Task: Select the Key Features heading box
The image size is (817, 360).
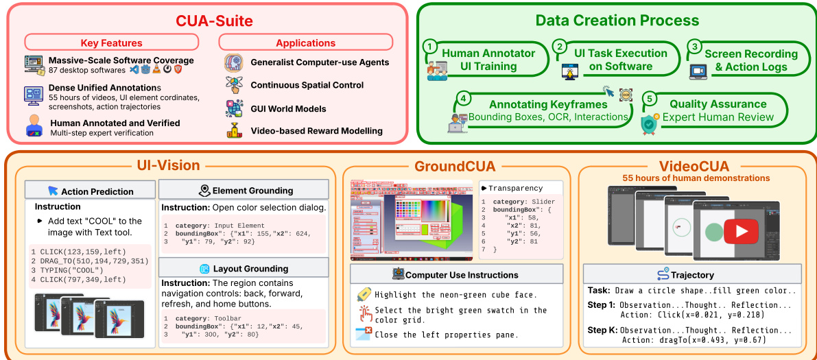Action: point(111,43)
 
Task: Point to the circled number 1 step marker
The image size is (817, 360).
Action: point(429,47)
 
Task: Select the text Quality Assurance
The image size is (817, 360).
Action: point(718,104)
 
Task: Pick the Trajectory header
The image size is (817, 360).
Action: point(692,275)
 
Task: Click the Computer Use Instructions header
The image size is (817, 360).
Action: point(455,275)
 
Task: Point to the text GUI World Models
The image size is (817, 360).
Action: point(288,108)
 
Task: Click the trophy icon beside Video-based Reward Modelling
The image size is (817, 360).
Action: point(234,131)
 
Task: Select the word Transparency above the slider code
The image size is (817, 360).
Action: point(515,188)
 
